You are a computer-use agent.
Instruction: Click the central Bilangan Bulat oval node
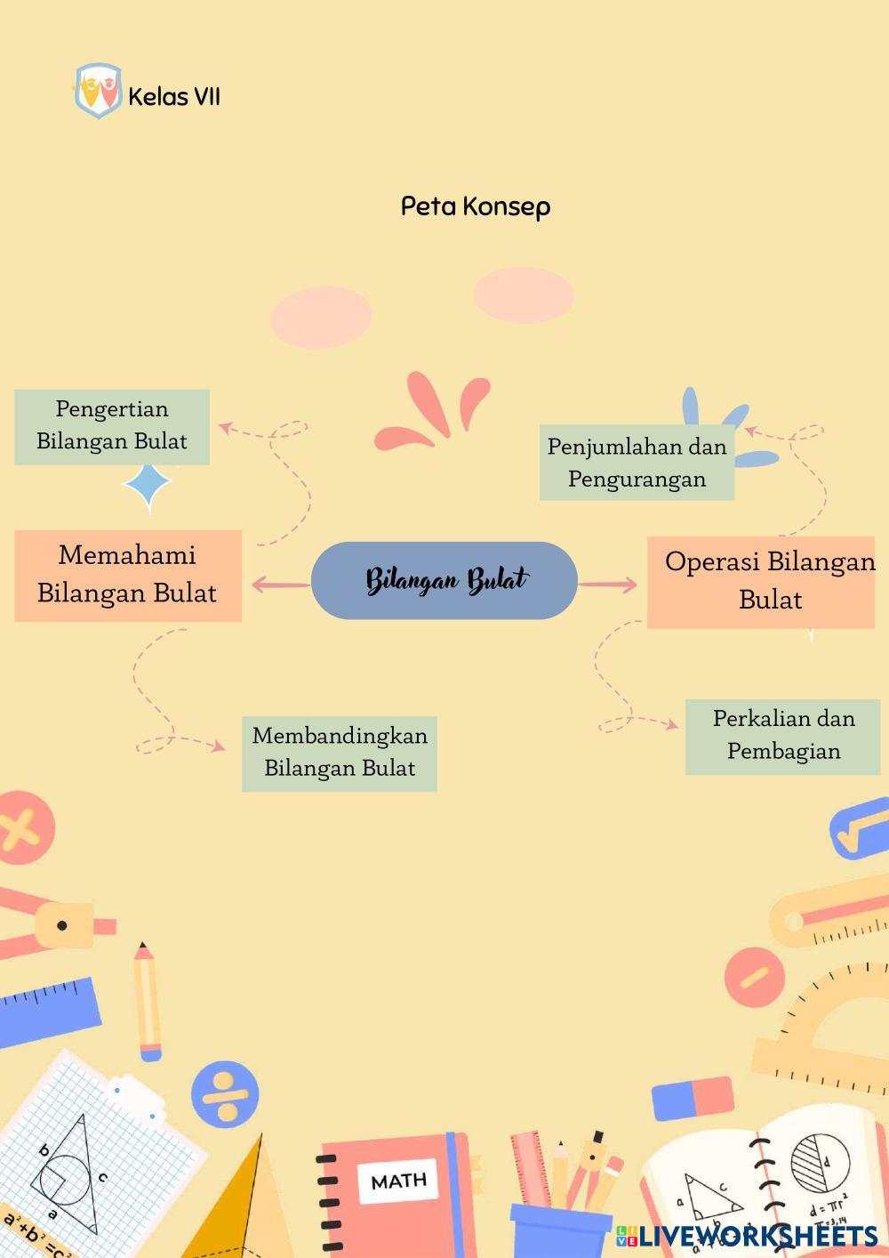point(444,580)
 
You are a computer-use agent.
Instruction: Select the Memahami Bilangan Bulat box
point(127,575)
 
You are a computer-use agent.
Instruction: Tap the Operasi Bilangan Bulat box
point(761,582)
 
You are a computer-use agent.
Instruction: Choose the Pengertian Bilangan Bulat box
point(112,426)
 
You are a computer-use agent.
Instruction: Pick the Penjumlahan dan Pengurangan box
point(637,463)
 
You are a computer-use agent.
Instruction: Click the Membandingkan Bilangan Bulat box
point(340,753)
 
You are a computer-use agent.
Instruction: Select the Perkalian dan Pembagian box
point(782,736)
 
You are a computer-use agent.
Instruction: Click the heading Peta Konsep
point(476,206)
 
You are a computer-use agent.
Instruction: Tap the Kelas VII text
point(174,96)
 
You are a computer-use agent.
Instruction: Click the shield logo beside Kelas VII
point(97,91)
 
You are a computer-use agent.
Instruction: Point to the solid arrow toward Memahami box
point(280,585)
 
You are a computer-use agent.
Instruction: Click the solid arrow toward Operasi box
point(608,585)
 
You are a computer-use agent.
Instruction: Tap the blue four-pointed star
point(148,486)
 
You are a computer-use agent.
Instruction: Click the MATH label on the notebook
point(398,1181)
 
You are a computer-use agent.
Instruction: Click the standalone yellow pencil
point(147,1000)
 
